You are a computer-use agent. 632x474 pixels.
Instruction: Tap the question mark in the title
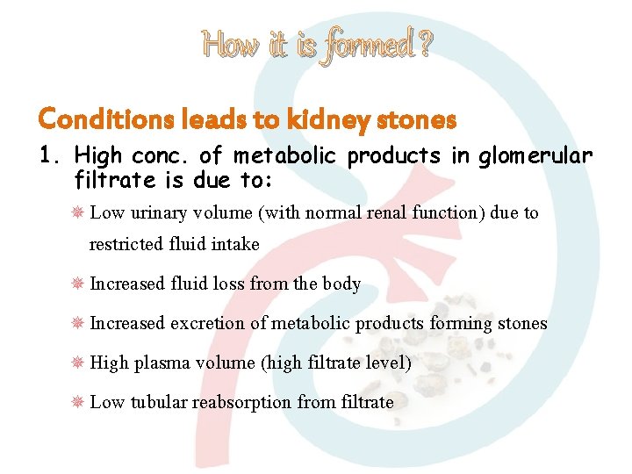(x=424, y=43)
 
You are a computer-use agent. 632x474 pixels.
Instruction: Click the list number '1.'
(x=50, y=156)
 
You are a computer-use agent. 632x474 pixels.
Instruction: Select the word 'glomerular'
(x=535, y=156)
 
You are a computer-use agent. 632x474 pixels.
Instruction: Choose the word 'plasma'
(x=158, y=363)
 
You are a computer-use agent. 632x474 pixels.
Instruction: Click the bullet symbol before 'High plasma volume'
(x=76, y=363)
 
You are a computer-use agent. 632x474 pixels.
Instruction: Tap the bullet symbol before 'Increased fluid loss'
(x=76, y=284)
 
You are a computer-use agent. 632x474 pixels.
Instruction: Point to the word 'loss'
(x=228, y=284)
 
